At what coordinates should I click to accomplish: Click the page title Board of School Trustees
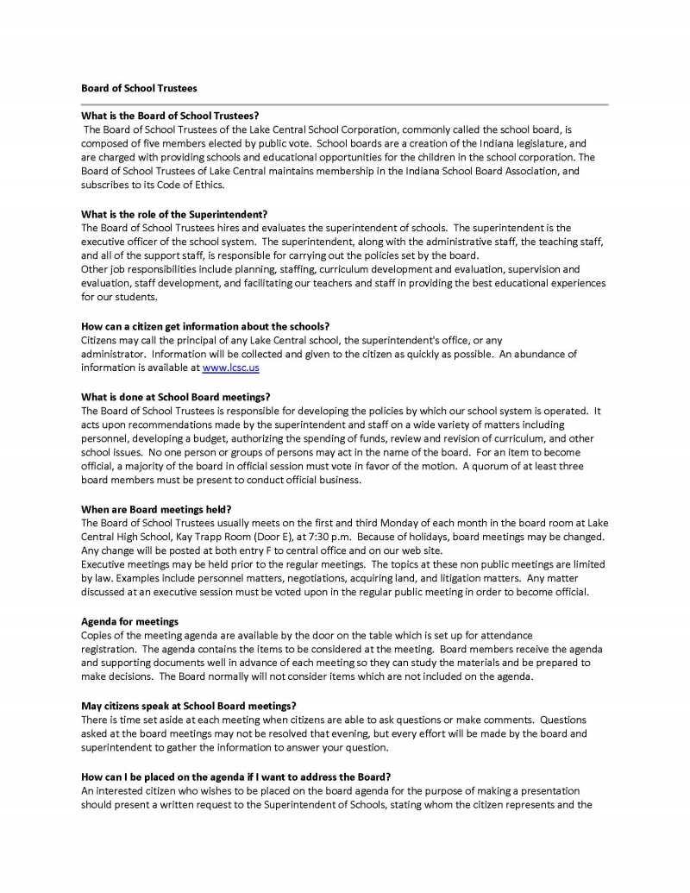[139, 88]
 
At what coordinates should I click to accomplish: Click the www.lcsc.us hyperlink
[230, 368]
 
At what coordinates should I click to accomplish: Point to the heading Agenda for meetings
[130, 620]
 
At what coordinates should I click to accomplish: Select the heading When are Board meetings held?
[156, 508]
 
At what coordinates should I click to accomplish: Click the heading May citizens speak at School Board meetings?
[189, 705]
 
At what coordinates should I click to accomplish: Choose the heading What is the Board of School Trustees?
[170, 115]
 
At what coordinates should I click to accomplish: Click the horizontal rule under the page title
[345, 104]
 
